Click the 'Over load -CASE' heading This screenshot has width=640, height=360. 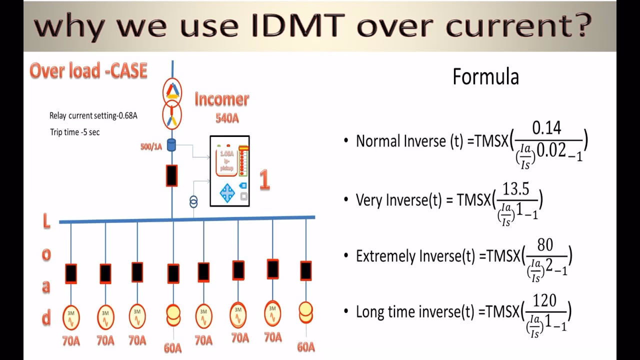click(x=88, y=71)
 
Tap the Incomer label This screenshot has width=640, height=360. click(x=221, y=99)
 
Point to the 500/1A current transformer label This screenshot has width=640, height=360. click(x=150, y=147)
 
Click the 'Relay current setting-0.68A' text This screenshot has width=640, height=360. click(x=93, y=115)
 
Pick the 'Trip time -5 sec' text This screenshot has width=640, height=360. click(x=74, y=132)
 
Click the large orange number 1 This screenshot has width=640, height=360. click(x=264, y=180)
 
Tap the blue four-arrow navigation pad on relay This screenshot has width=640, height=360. click(x=227, y=192)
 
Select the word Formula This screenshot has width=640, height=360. click(x=485, y=77)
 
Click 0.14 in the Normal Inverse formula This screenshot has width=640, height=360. click(x=546, y=129)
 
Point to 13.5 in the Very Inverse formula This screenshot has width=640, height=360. click(x=516, y=190)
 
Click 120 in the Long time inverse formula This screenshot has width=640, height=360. click(x=544, y=301)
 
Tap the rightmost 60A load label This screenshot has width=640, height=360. click(x=305, y=346)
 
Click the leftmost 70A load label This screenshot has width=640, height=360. click(x=70, y=341)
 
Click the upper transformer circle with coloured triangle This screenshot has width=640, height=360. click(x=172, y=90)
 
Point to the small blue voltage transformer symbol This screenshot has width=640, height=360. click(x=193, y=201)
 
